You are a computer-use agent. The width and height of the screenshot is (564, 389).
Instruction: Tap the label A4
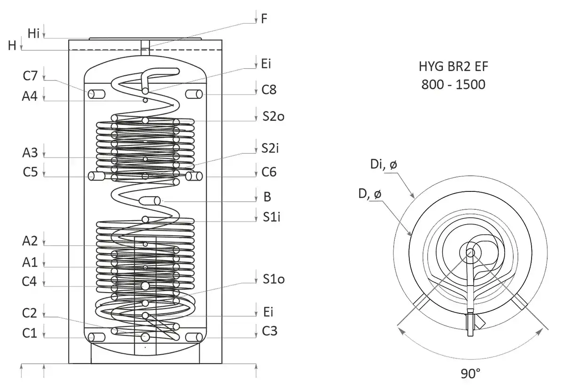(31, 96)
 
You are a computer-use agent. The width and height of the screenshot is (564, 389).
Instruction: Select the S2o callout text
(273, 117)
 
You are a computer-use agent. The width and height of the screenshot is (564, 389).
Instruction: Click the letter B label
(267, 197)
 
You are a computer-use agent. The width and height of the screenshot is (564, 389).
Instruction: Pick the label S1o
(273, 279)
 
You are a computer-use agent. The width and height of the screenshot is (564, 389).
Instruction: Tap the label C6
(269, 173)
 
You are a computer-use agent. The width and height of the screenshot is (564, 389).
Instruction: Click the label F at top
(265, 19)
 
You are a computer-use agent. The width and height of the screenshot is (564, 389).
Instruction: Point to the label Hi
(34, 33)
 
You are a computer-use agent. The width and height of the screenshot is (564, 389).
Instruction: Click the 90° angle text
(470, 374)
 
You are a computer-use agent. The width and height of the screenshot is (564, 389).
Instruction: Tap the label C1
(31, 333)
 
